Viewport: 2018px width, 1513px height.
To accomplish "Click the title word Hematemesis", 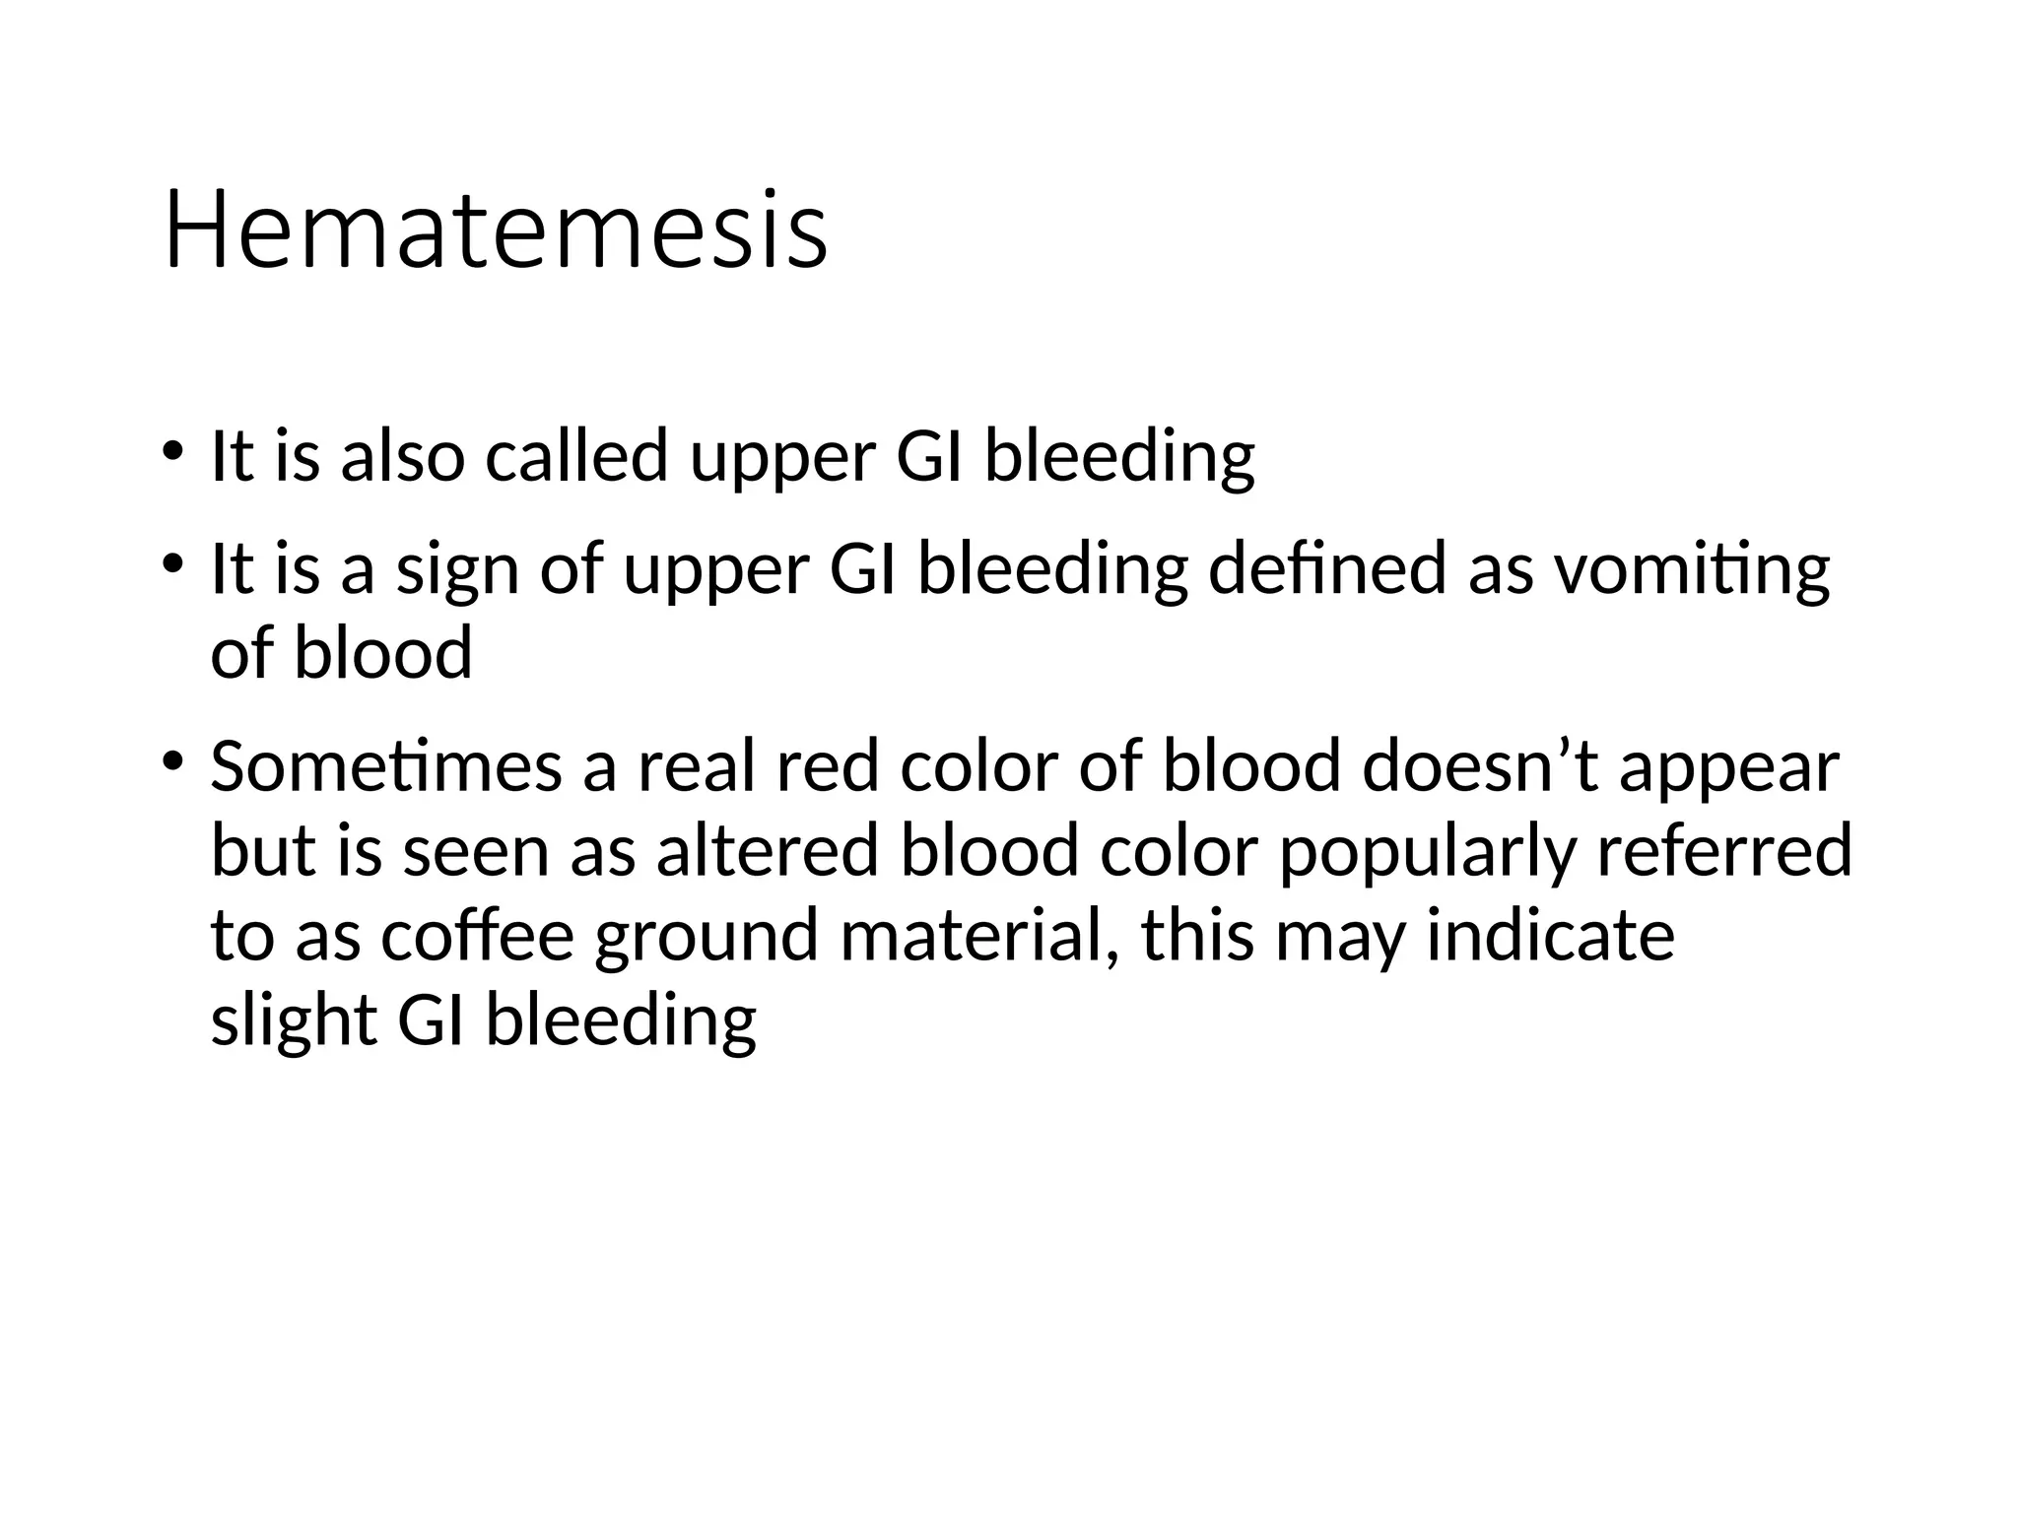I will pos(496,232).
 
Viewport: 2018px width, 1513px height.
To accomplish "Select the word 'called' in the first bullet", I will pos(576,456).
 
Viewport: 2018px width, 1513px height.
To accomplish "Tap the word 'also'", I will pos(402,456).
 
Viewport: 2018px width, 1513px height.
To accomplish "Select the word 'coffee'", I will pos(477,936).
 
